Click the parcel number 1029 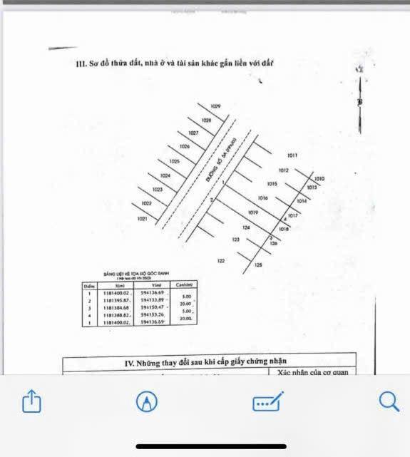(x=216, y=107)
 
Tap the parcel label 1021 (x=142, y=219)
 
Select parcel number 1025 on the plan (x=175, y=161)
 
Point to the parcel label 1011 (x=292, y=155)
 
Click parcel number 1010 (x=319, y=179)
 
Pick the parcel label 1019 (x=252, y=212)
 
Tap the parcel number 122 (x=221, y=261)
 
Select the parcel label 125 (x=258, y=265)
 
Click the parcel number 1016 (x=262, y=197)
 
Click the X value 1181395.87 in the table (x=118, y=299)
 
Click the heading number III (x=81, y=63)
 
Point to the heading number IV (x=129, y=363)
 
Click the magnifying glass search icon (x=388, y=401)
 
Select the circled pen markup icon (x=147, y=402)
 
